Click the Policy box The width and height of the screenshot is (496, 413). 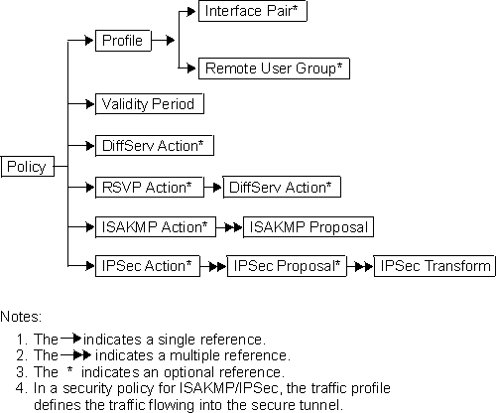(x=27, y=166)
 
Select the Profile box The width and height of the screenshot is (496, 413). (x=122, y=41)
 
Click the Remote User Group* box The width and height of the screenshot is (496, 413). (x=274, y=69)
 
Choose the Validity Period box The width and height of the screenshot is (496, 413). (x=150, y=103)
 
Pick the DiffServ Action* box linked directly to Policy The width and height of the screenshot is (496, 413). (x=152, y=145)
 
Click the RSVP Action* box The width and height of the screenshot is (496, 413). (x=149, y=186)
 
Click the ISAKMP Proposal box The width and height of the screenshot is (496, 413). (x=308, y=226)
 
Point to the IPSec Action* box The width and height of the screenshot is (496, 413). (x=149, y=266)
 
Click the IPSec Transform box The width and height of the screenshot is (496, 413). (x=433, y=266)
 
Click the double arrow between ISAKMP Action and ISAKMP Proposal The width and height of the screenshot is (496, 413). (x=229, y=226)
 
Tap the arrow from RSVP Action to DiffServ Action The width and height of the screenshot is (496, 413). (x=212, y=186)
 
